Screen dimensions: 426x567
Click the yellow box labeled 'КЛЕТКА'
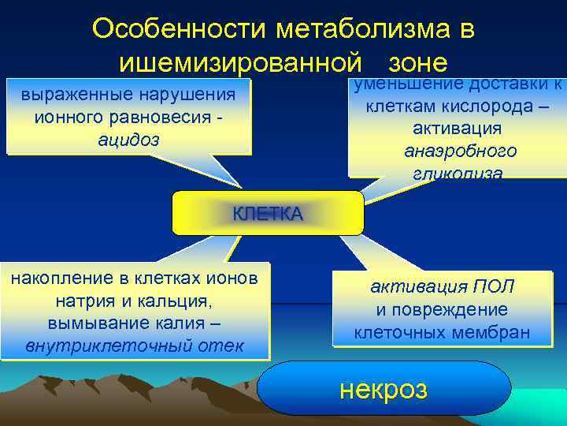268,213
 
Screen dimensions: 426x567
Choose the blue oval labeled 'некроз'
384,388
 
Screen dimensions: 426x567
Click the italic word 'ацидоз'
128,140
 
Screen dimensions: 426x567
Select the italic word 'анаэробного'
460,151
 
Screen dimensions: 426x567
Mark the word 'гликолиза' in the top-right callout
457,173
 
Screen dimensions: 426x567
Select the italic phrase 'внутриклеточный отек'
135,346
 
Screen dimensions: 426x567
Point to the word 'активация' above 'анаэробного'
457,129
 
